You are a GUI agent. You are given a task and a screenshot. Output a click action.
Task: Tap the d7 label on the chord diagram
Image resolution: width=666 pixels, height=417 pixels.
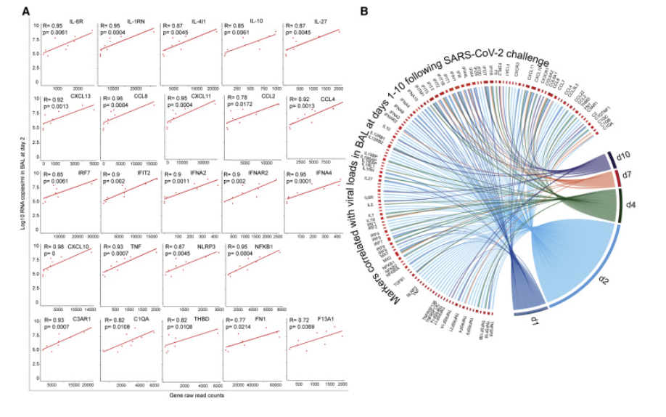(x=628, y=175)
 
